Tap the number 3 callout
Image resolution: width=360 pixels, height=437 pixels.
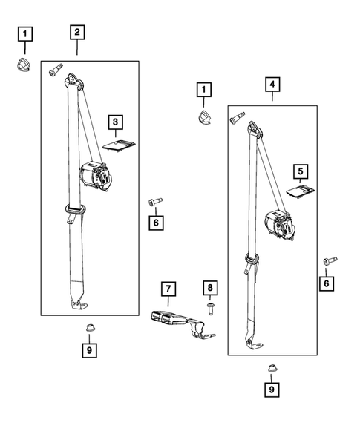pyautogui.click(x=116, y=120)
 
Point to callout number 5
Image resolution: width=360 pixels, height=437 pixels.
pyautogui.click(x=300, y=171)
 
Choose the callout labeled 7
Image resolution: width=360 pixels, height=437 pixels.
pyautogui.click(x=168, y=288)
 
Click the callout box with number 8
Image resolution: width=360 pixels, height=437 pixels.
pyautogui.click(x=210, y=288)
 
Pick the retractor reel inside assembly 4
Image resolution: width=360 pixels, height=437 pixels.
pyautogui.click(x=281, y=222)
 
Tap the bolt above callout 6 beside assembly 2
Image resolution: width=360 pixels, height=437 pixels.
pyautogui.click(x=154, y=201)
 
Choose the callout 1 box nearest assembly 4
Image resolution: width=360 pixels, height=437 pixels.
pyautogui.click(x=200, y=91)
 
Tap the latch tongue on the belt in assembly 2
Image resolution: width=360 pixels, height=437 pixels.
pyautogui.click(x=74, y=211)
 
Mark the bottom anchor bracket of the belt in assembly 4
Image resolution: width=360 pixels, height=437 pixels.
pyautogui.click(x=257, y=344)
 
